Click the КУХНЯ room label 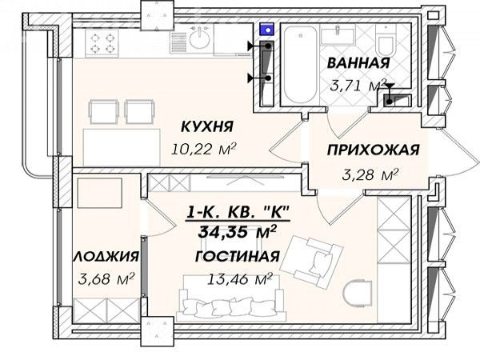(207, 126)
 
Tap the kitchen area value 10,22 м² (204, 149)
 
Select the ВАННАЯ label (358, 62)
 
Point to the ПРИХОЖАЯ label (373, 150)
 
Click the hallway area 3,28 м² (370, 174)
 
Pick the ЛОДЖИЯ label (106, 256)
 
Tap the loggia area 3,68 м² (106, 278)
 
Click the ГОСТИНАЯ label (238, 256)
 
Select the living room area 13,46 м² (240, 279)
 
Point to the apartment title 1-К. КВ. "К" (238, 212)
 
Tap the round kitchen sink (199, 39)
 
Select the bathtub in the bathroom (300, 65)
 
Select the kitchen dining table (122, 147)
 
